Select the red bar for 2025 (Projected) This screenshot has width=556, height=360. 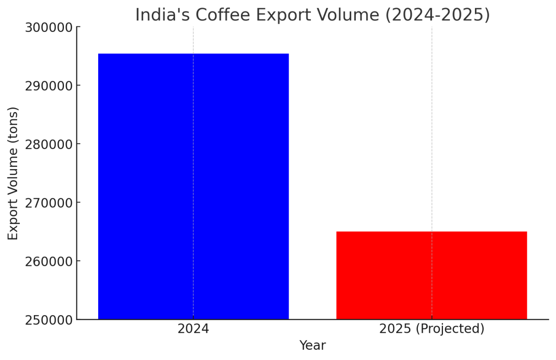pyautogui.click(x=431, y=275)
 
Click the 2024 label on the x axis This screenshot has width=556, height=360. pyautogui.click(x=193, y=329)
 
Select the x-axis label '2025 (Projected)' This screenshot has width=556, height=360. pyautogui.click(x=431, y=329)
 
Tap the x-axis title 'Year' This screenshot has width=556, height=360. pyautogui.click(x=312, y=346)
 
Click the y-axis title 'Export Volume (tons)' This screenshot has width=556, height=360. pyautogui.click(x=13, y=173)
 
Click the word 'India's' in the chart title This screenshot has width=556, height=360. pyautogui.click(x=162, y=15)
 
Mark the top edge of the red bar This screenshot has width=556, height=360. pyautogui.click(x=431, y=232)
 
